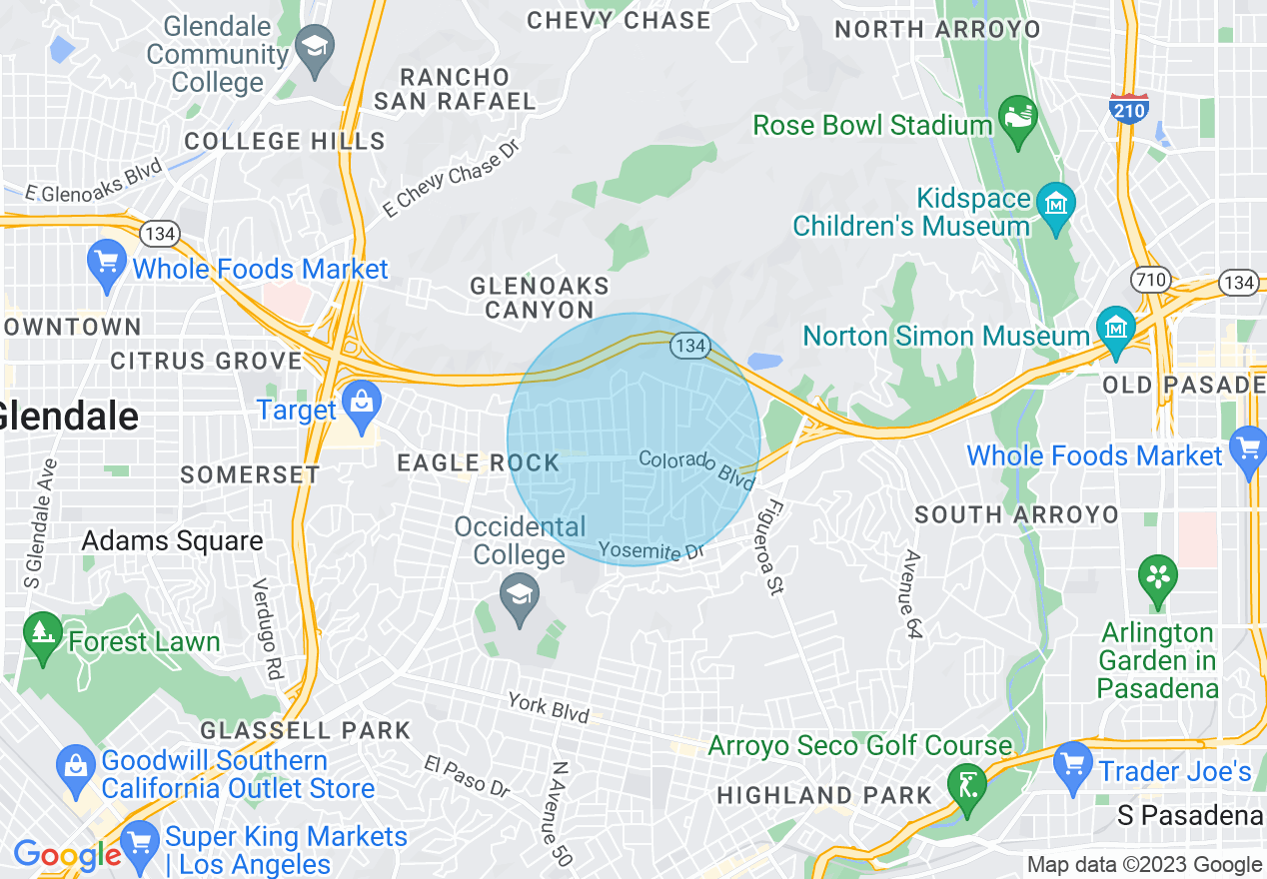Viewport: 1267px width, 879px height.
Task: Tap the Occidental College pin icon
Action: (519, 600)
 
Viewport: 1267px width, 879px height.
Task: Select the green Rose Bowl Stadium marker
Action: (1018, 122)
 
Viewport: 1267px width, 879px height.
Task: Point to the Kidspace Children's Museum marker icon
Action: (1056, 207)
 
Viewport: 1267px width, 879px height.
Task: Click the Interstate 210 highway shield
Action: (1127, 107)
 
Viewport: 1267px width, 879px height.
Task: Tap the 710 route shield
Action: (1151, 280)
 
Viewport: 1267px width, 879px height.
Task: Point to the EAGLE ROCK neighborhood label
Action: (479, 462)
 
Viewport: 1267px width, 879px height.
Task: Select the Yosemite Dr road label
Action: (645, 550)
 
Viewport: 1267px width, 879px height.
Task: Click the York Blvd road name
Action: (548, 706)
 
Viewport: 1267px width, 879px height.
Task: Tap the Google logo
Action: (67, 855)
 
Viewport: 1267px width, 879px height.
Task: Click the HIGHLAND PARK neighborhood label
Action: (824, 796)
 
